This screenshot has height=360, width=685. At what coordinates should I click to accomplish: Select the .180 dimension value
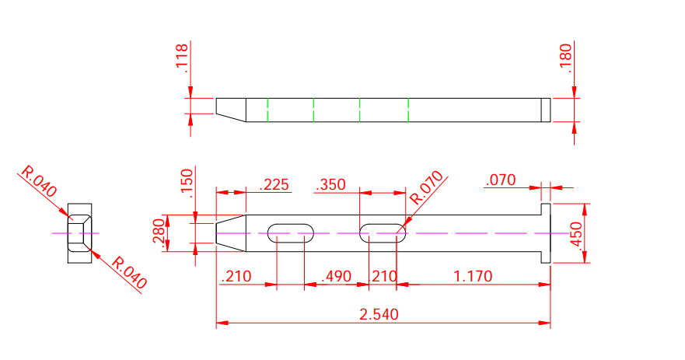point(565,59)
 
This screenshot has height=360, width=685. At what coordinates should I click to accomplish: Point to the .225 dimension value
point(273,184)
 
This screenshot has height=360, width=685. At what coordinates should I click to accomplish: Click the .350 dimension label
point(330,184)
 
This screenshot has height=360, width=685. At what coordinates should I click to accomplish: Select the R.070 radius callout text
point(426,187)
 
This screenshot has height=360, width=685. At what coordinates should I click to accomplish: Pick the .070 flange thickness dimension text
point(500,180)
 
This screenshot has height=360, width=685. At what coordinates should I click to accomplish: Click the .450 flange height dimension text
point(575,233)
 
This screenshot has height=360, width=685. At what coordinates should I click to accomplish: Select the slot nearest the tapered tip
point(292,232)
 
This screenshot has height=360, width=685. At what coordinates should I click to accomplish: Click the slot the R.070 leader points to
point(382,232)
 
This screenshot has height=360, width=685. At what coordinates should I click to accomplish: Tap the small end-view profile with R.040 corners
point(79,233)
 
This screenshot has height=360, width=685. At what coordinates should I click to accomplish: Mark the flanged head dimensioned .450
point(546,233)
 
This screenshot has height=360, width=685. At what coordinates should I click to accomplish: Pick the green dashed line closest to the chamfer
point(267,110)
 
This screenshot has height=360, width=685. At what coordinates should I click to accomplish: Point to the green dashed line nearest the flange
point(407,110)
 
